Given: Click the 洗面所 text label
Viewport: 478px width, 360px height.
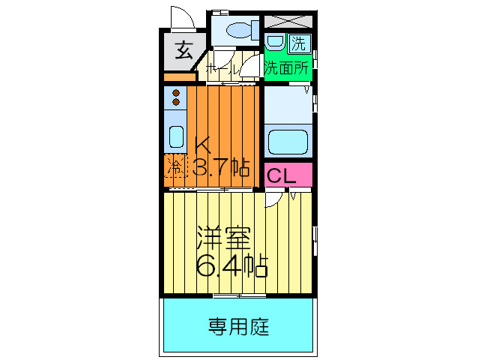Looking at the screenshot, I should click(287, 67).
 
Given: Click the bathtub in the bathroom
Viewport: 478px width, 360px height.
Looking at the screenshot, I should click(286, 140).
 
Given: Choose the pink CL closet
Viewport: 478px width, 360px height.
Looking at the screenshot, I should click(287, 176).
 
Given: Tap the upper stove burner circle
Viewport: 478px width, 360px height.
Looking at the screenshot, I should click(177, 94).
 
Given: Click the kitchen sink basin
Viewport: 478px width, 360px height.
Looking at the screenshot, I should click(177, 136).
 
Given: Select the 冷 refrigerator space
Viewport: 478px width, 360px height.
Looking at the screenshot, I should click(175, 166).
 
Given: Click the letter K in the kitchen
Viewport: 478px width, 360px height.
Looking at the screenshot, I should click(205, 144).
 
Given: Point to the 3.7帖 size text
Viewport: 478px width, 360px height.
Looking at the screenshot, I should click(222, 166).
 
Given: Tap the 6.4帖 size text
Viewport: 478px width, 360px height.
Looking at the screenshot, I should click(232, 265).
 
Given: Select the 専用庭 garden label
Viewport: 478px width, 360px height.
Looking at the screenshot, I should click(238, 327).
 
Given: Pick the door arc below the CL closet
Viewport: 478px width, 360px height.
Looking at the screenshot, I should click(274, 196).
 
